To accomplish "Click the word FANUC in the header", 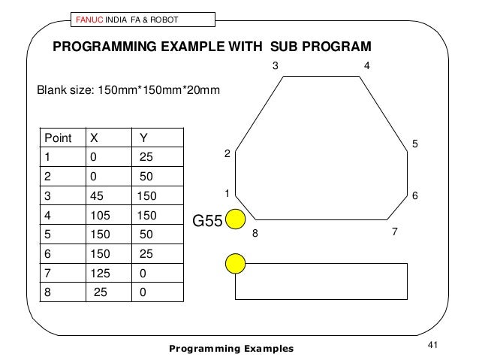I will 89,18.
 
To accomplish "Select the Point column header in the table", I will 59,138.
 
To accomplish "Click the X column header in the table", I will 94,138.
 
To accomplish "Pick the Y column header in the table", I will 143,138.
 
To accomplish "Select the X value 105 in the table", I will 100,216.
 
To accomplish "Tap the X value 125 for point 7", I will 100,274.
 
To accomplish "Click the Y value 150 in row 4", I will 146,216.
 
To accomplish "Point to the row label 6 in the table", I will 49,255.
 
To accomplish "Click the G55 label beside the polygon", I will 208,222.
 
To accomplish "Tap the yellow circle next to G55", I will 236,219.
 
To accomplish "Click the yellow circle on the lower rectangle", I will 236,264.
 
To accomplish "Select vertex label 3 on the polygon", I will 275,66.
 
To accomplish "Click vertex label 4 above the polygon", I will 366,66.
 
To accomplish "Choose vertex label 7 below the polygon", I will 394,232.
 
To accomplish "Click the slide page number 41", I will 432,345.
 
